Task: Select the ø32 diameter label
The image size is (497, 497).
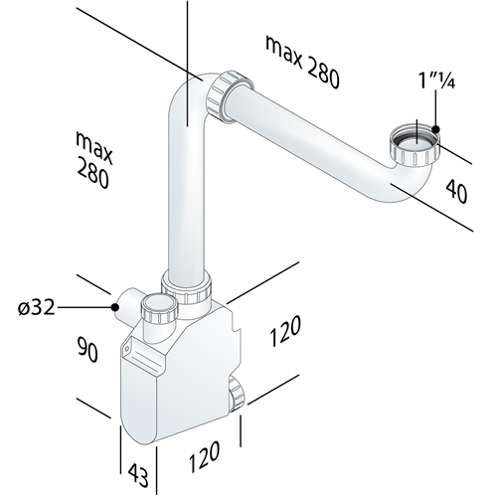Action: [36, 307]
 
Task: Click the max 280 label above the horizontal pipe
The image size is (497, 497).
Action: [301, 60]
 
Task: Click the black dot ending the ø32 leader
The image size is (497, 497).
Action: [117, 308]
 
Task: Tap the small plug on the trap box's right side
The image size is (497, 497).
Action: [236, 395]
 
